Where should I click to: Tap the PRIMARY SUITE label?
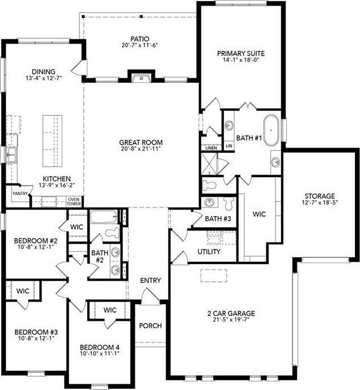pos(241,54)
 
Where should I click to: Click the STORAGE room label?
pos(319,196)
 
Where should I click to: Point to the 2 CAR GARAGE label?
pos(231,313)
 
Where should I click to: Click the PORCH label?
pos(150,326)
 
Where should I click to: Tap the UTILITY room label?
pos(209,252)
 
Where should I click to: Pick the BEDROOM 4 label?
pos(100,347)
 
